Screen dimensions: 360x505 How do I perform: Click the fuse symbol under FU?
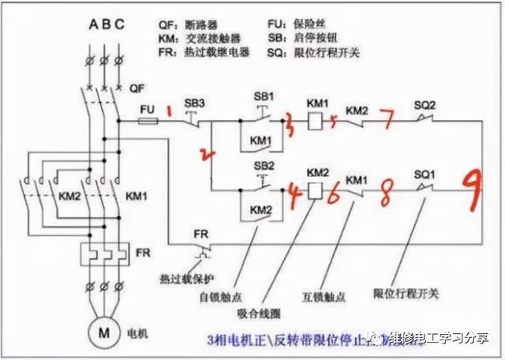click(148, 122)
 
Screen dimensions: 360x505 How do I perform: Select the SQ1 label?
click(426, 172)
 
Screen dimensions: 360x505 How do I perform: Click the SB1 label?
click(264, 96)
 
